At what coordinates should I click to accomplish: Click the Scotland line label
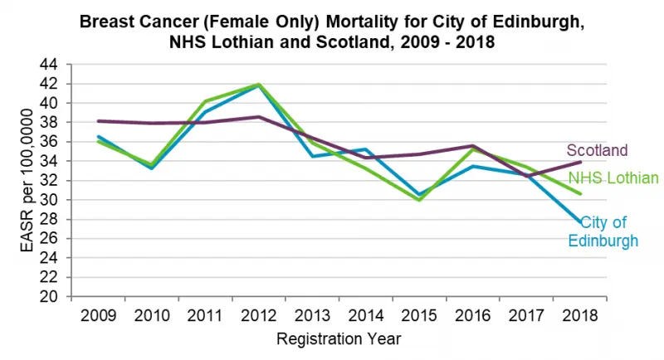pyautogui.click(x=597, y=151)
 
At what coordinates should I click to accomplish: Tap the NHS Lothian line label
pyautogui.click(x=613, y=178)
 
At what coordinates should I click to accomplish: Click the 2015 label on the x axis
pyautogui.click(x=420, y=315)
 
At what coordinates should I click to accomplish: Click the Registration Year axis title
pyautogui.click(x=339, y=338)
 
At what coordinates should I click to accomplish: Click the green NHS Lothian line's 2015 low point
pyautogui.click(x=420, y=200)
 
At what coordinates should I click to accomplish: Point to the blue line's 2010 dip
pyautogui.click(x=151, y=168)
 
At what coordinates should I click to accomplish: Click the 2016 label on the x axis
pyautogui.click(x=473, y=315)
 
